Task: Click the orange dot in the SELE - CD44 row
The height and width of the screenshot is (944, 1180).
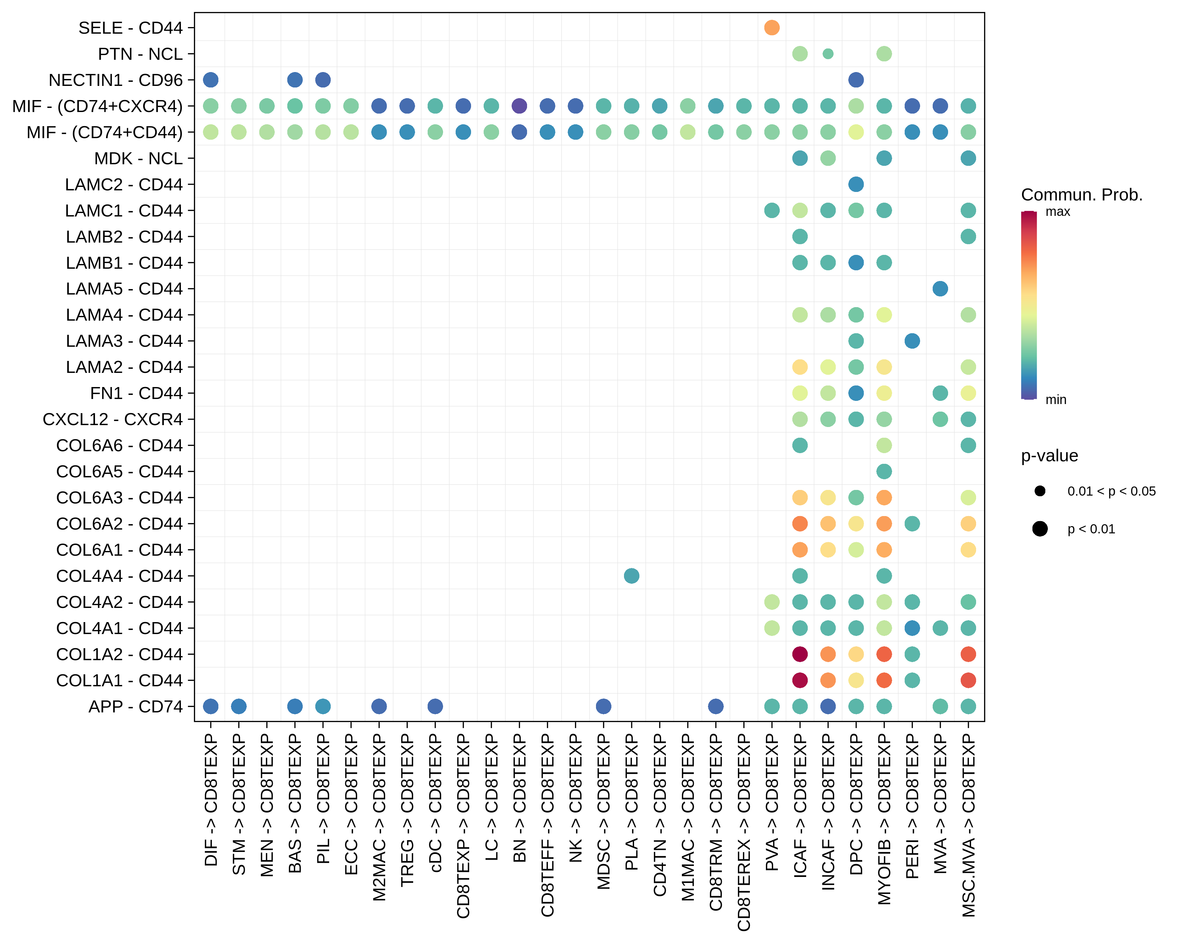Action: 772,27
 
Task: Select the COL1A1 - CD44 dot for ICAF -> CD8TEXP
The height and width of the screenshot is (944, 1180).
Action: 800,680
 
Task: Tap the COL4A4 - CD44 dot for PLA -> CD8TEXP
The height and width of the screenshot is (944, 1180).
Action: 632,576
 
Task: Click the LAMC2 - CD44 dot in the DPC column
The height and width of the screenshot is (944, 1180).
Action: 856,184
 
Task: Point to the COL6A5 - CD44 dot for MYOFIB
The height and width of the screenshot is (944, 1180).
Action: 884,471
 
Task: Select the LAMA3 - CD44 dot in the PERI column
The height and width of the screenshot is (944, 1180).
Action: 912,341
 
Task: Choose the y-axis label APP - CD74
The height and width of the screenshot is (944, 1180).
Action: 136,706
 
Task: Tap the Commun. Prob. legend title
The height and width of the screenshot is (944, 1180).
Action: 1082,195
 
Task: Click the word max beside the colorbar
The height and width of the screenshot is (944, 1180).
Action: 1057,212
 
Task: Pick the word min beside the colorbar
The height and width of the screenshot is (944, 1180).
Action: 1056,400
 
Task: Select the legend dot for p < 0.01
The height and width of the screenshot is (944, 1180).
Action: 1040,529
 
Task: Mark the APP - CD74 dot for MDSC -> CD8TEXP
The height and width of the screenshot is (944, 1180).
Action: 603,706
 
